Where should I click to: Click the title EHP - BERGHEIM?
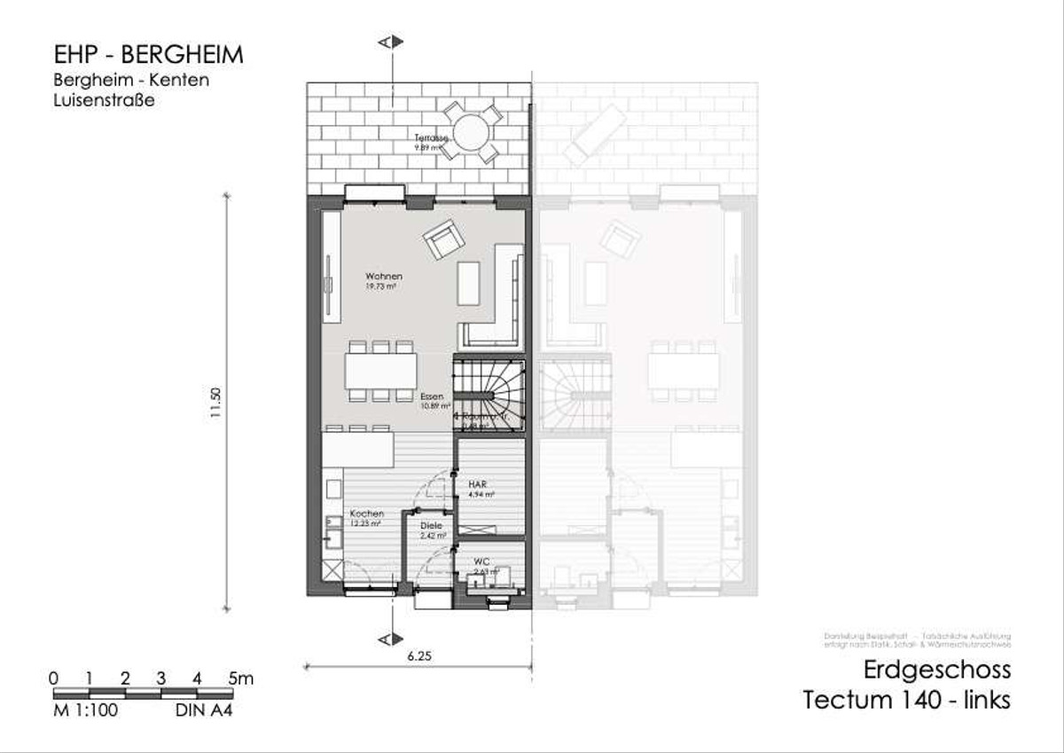point(148,55)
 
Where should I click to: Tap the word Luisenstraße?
point(105,101)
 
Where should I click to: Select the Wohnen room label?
point(384,277)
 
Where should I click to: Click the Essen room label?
point(432,397)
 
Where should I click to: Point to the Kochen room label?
point(366,514)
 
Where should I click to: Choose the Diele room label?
point(431,526)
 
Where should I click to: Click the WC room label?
point(481,562)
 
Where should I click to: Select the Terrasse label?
point(434,138)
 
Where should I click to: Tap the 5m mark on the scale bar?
point(240,678)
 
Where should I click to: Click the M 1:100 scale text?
point(85,710)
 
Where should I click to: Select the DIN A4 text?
point(198,710)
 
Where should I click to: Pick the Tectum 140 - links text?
point(906,700)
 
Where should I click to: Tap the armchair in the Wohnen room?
point(443,240)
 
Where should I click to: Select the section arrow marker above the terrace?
point(390,42)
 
